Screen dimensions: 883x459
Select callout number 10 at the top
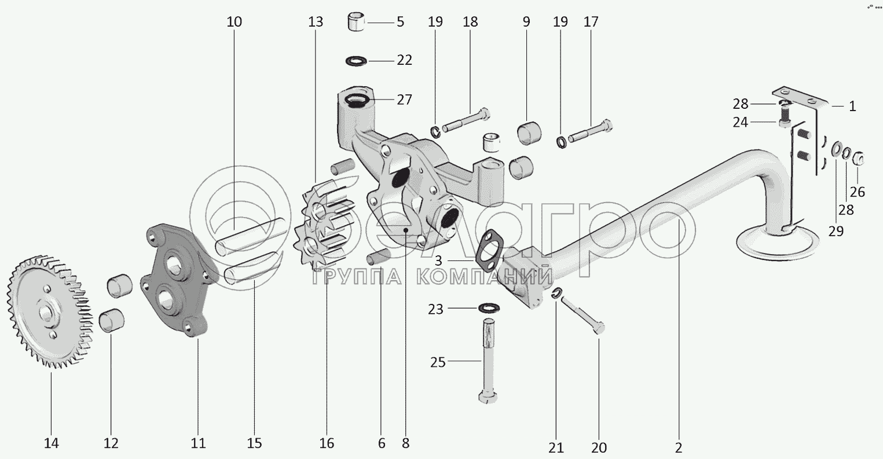235,23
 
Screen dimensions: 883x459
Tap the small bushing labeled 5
355,22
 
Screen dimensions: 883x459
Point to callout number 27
404,100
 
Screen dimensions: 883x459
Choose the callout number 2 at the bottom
679,447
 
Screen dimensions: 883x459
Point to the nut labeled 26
859,157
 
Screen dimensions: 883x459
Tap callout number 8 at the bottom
405,444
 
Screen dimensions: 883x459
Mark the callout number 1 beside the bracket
852,107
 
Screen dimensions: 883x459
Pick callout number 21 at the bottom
556,447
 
